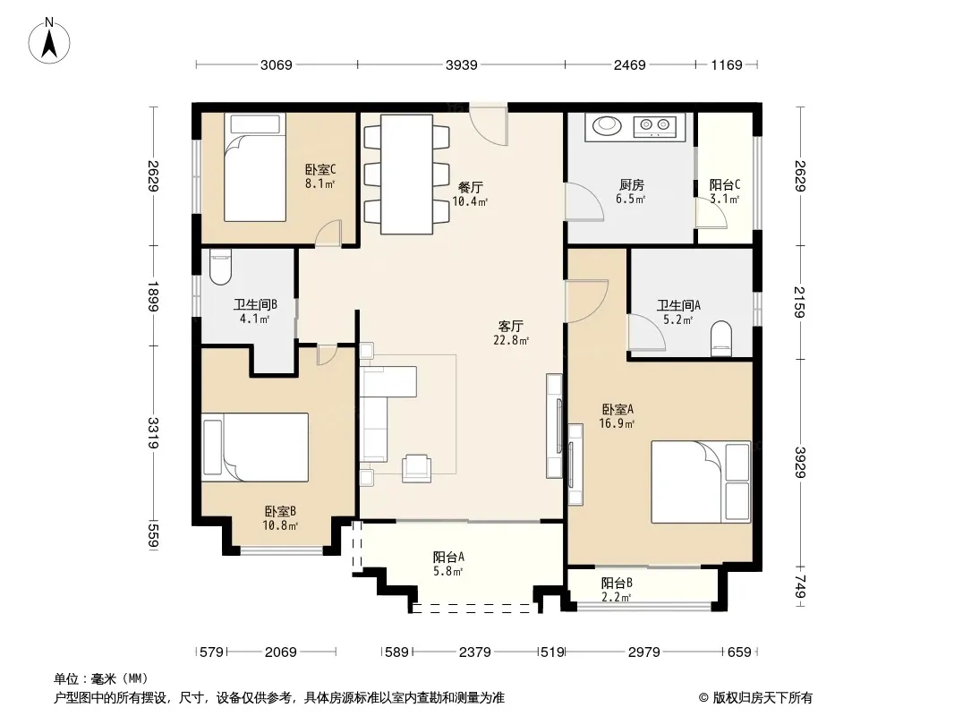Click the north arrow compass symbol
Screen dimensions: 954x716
click(49, 40)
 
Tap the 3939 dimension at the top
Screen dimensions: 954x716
click(461, 65)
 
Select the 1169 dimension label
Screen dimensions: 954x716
click(727, 65)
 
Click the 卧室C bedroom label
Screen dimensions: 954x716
click(320, 170)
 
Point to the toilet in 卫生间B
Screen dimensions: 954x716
click(220, 267)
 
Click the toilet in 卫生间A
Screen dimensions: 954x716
click(721, 339)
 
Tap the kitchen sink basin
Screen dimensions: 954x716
click(607, 126)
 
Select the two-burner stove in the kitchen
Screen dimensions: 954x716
click(655, 126)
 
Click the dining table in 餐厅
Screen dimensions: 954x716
click(407, 174)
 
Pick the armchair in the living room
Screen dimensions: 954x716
click(417, 468)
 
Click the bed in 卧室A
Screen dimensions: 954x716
click(701, 482)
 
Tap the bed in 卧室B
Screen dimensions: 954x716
click(255, 447)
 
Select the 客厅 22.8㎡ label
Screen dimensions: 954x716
click(510, 333)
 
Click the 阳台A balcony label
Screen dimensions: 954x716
click(448, 557)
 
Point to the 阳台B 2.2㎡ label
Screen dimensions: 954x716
click(617, 590)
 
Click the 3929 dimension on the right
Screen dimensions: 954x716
click(800, 463)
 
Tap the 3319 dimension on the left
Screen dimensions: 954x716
click(153, 433)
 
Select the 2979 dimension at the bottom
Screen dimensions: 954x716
click(643, 652)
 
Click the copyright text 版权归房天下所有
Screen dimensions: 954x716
click(762, 698)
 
